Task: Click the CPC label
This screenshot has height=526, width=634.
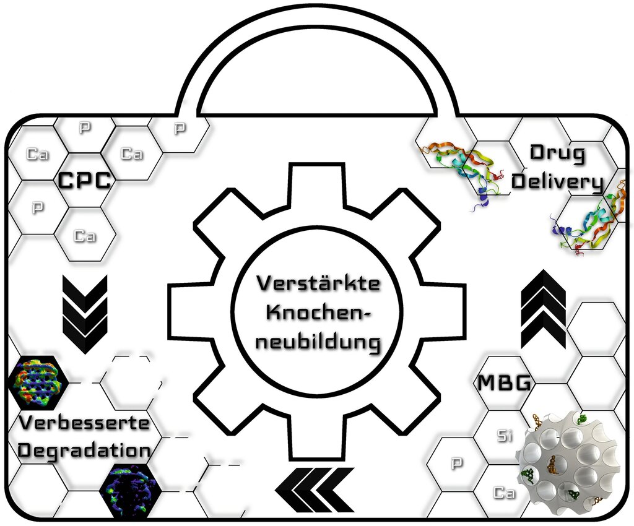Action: (84, 180)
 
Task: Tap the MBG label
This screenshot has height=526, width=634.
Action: (504, 382)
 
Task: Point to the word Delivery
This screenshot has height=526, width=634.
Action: (558, 181)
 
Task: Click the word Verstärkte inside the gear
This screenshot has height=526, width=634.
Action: (319, 283)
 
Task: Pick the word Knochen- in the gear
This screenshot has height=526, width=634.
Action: (318, 313)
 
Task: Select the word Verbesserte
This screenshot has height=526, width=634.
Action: (84, 423)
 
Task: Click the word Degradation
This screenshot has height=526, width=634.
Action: (84, 450)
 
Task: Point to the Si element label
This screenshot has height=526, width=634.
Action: (504, 436)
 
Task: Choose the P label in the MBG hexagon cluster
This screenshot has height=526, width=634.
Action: (457, 463)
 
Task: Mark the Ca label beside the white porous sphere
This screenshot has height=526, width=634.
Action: (504, 493)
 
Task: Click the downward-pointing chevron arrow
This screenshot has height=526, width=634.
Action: (85, 314)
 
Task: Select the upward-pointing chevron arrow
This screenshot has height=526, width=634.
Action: (544, 309)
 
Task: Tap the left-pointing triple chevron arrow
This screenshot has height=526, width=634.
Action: (315, 490)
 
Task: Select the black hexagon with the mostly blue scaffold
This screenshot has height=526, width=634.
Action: (131, 491)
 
